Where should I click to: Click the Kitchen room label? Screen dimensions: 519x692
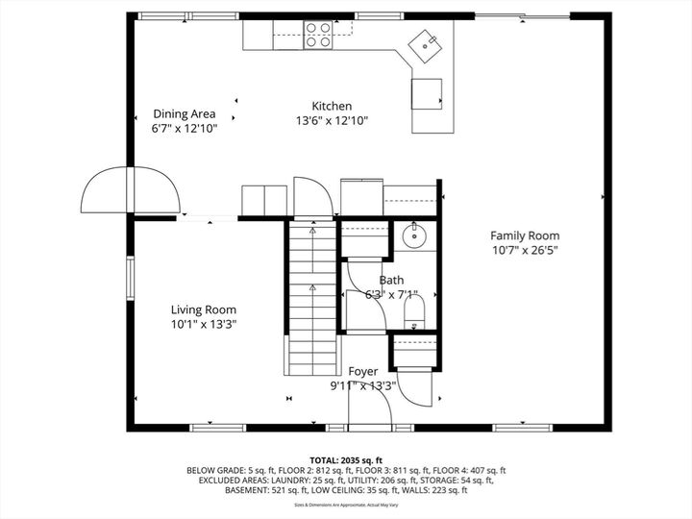[x=332, y=106]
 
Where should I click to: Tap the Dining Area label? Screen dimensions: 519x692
[x=185, y=113]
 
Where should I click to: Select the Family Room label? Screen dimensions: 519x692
[x=525, y=235]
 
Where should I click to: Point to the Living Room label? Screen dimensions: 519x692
[x=204, y=309]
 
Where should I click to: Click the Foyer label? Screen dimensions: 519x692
[x=363, y=371]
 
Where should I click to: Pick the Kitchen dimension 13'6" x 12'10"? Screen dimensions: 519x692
[x=332, y=121]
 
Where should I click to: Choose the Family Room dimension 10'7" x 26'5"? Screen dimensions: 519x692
[x=525, y=251]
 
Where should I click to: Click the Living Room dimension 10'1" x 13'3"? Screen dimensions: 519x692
[x=204, y=325]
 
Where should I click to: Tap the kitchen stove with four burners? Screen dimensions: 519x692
[x=318, y=35]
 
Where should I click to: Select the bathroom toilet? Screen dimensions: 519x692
[x=415, y=309]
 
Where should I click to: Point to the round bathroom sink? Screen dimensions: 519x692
[x=414, y=235]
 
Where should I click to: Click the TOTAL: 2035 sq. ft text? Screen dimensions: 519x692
[x=346, y=460]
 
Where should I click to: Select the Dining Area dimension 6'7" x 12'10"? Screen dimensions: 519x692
[x=185, y=128]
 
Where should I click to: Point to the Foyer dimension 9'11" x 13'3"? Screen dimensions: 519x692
[x=363, y=386]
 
